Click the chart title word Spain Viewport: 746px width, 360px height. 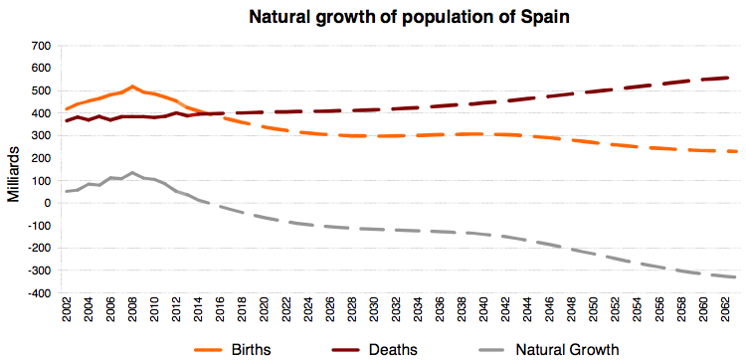point(493,16)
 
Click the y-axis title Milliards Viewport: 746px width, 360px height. point(13,171)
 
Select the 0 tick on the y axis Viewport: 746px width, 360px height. point(45,204)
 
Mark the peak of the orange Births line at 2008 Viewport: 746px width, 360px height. point(132,87)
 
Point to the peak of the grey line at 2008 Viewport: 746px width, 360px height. point(132,172)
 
